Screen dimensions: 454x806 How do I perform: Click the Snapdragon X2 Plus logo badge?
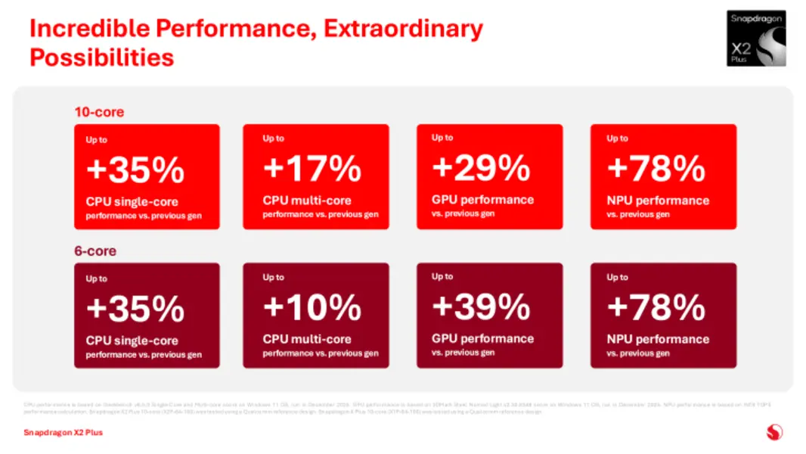tap(756, 38)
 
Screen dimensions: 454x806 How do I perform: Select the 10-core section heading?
tap(99, 112)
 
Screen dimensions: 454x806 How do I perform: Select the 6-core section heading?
tap(95, 250)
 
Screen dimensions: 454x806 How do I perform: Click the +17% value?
tap(312, 169)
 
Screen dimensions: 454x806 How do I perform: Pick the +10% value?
tap(312, 308)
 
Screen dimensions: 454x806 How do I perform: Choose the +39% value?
tap(481, 307)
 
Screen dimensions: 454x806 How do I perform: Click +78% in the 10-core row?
tap(656, 169)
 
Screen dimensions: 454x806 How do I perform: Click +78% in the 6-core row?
tap(656, 308)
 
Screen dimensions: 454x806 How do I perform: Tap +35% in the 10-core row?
tap(135, 170)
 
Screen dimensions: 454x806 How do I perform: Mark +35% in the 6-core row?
tap(135, 309)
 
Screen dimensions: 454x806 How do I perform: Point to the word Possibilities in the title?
tap(101, 58)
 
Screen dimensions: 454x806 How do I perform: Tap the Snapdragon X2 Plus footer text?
tap(63, 432)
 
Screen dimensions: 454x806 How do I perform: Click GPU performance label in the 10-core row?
tap(482, 200)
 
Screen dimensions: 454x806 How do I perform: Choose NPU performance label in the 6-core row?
tap(658, 339)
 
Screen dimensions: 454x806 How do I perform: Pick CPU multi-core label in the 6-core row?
tap(307, 340)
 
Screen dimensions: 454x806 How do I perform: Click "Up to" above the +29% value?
tap(442, 138)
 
